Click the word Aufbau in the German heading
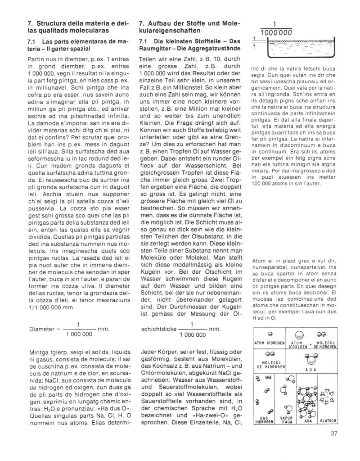pyautogui.click(x=163, y=23)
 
